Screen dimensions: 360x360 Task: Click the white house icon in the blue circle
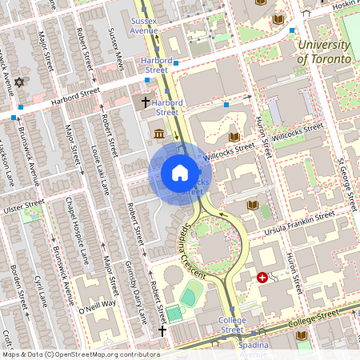coord(180,173)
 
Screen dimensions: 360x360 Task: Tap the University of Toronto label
coord(323,53)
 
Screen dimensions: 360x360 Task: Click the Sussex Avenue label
coord(144,24)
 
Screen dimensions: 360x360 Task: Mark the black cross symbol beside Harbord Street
coord(146,102)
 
